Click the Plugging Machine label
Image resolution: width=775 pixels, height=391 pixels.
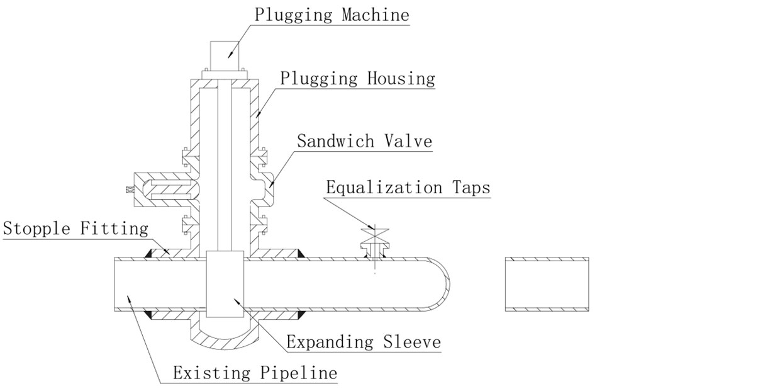(332, 14)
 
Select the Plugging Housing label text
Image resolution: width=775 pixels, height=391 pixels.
(357, 79)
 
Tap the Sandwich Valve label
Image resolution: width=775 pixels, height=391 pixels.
(365, 140)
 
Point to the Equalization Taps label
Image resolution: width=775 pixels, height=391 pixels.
(408, 188)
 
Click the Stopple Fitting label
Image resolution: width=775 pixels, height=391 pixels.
(75, 228)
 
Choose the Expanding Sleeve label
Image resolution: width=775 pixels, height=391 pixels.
(364, 342)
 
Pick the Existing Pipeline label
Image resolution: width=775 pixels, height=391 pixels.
(255, 373)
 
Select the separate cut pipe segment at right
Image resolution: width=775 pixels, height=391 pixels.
(547, 284)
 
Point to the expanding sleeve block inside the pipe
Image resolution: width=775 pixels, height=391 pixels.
(225, 283)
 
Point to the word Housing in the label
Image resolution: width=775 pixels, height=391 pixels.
(399, 79)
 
